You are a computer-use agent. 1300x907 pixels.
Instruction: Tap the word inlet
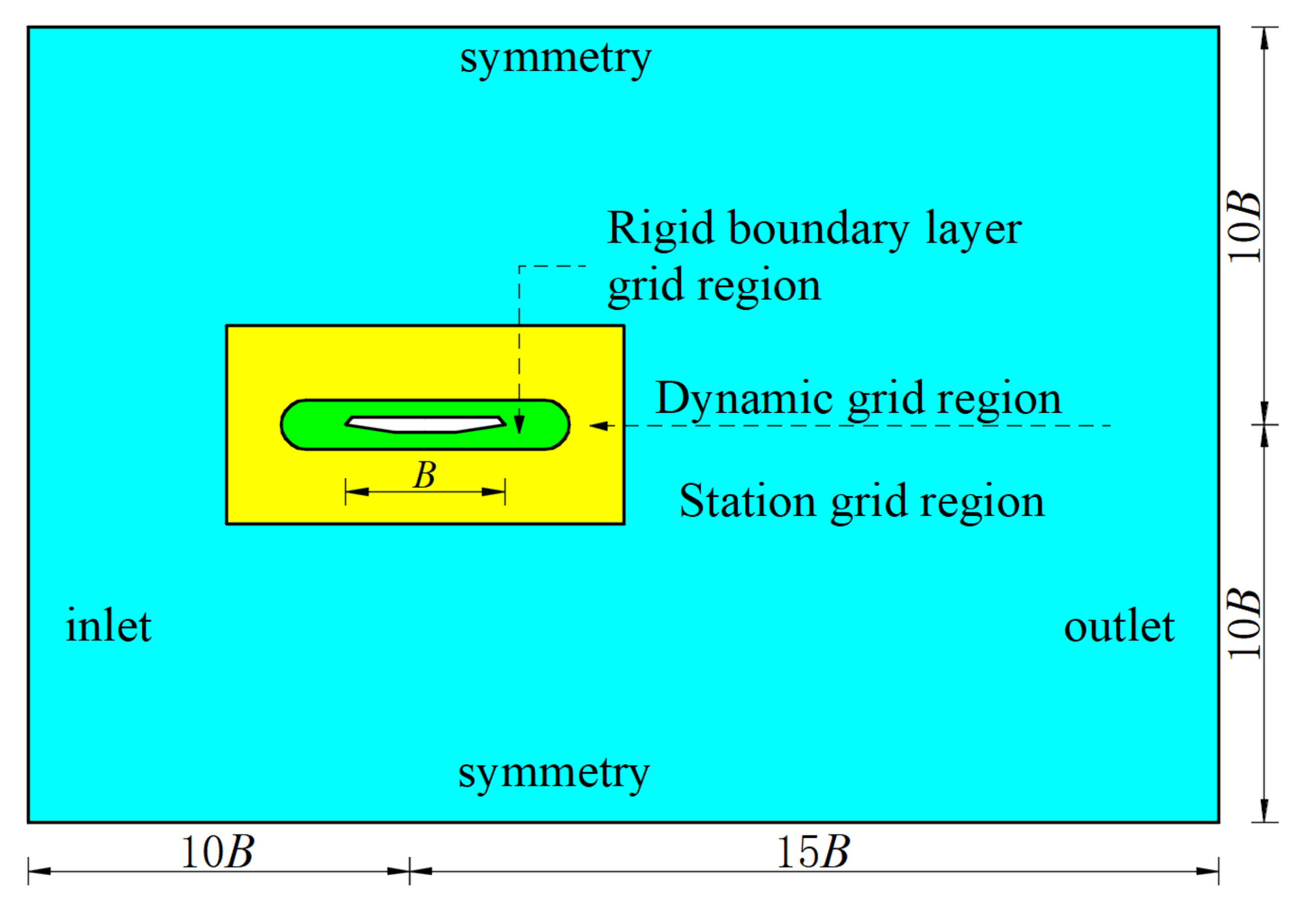pos(108,627)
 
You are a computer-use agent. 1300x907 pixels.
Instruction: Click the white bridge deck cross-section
pos(425,424)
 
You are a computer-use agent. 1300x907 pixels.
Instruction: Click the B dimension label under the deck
pos(424,474)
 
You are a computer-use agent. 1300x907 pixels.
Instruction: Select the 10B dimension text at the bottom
pos(217,852)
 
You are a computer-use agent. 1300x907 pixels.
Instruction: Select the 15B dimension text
pos(812,852)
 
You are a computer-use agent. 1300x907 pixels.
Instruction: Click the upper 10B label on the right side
pos(1245,227)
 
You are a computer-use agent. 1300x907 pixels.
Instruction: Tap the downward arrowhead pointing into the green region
pos(519,425)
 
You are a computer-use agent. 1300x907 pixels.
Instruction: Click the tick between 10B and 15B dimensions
pos(410,871)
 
